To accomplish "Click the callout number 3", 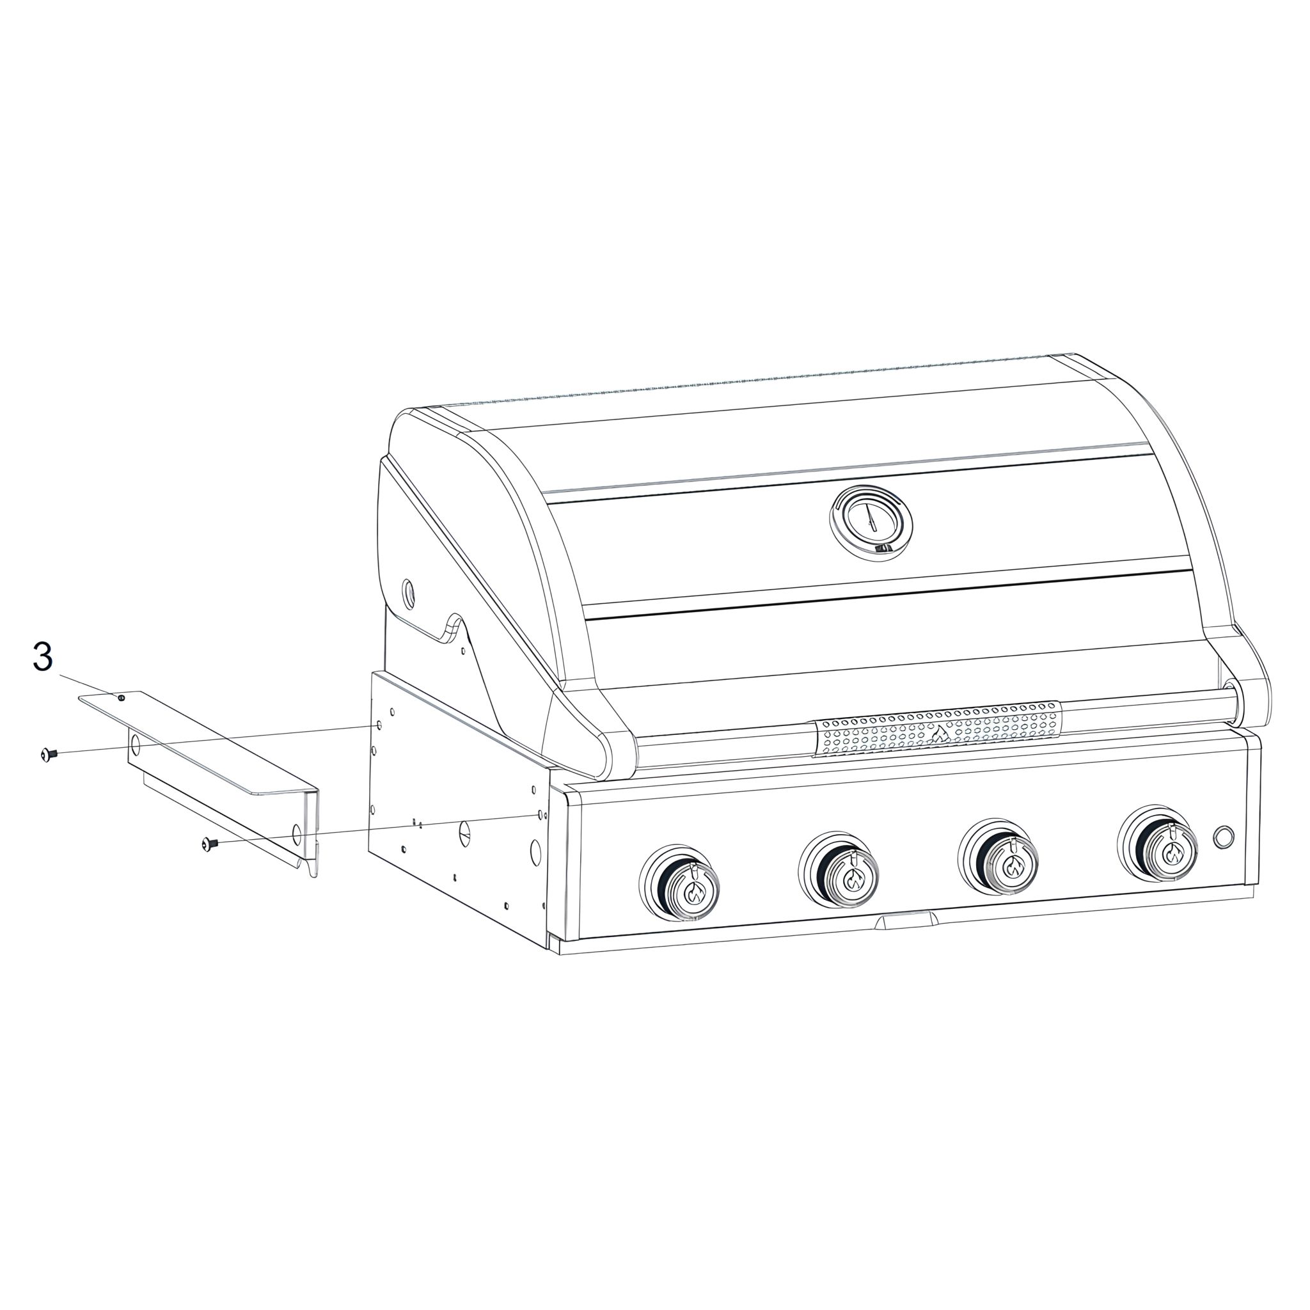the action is point(43,657).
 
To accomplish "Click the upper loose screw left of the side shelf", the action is point(48,754).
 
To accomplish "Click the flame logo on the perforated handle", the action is point(939,733).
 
